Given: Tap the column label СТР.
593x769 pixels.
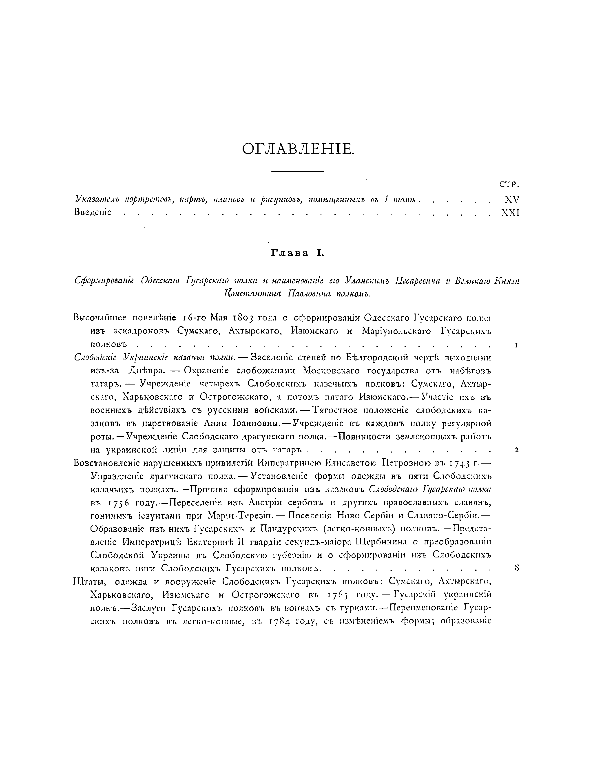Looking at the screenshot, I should click(x=509, y=185).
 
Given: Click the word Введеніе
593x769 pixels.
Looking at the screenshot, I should click(x=93, y=212).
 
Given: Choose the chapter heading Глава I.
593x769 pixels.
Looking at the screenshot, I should click(x=296, y=252).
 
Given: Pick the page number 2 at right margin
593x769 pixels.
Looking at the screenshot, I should click(x=516, y=450).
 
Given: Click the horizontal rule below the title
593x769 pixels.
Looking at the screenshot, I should click(x=298, y=172).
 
